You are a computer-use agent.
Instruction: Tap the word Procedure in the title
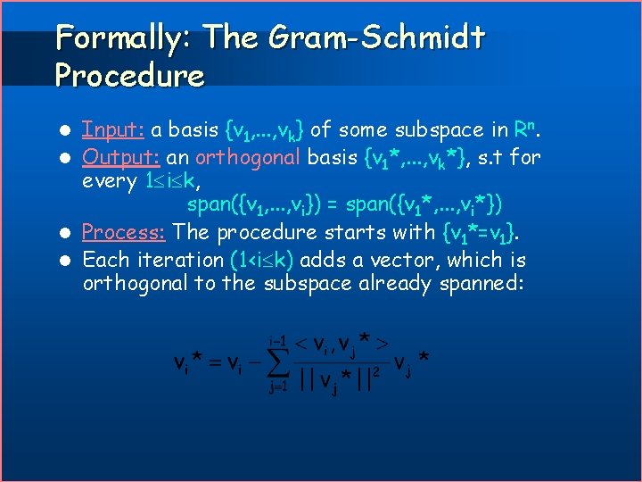(x=129, y=76)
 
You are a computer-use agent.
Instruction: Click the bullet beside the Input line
(x=67, y=131)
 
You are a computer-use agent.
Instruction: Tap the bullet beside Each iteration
(x=67, y=262)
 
